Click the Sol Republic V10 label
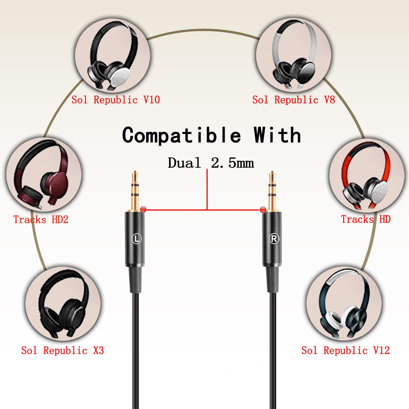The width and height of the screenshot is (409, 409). click(116, 100)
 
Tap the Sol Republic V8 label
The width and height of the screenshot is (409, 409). click(293, 100)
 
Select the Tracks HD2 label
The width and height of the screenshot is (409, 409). click(41, 219)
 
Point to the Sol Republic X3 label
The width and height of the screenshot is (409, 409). click(62, 350)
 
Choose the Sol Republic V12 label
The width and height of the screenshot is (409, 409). click(345, 350)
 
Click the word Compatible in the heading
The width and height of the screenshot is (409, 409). click(182, 135)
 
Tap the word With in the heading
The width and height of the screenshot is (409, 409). click(277, 135)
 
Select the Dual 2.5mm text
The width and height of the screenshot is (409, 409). click(211, 163)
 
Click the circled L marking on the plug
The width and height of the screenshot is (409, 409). click(137, 239)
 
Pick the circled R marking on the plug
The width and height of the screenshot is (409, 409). click(274, 239)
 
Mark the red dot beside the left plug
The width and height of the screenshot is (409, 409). click(143, 209)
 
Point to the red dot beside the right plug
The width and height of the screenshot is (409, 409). click(263, 210)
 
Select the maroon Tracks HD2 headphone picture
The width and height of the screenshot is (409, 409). click(44, 175)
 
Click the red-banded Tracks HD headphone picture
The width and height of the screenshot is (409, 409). click(367, 176)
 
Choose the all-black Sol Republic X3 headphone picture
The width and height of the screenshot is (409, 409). click(63, 304)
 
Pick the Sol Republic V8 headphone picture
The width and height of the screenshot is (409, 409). click(294, 55)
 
